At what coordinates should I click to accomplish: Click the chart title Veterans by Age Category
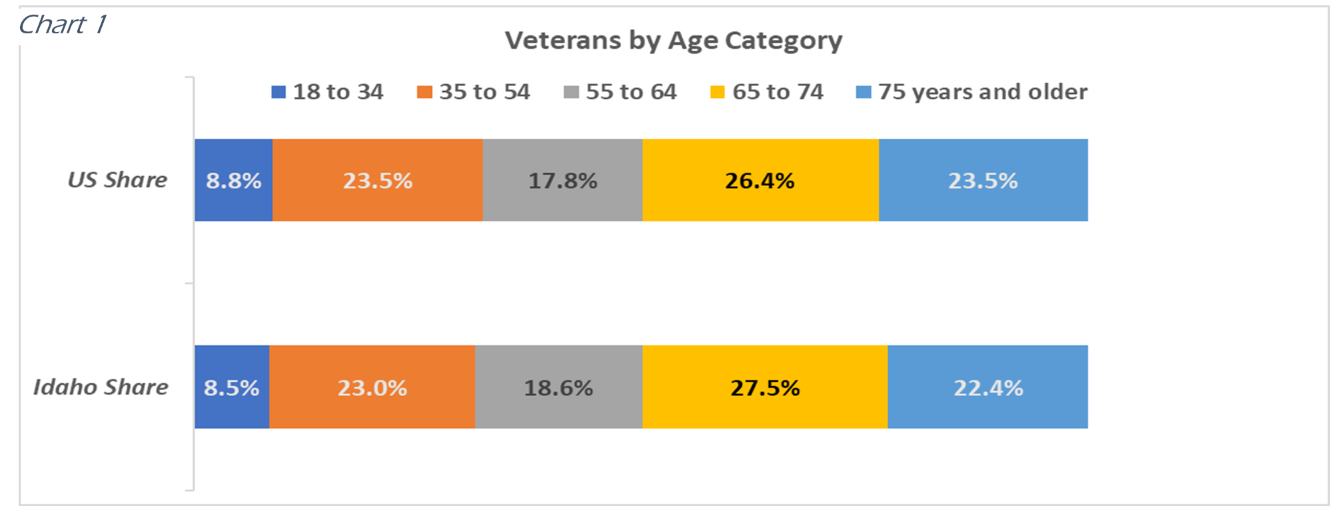pyautogui.click(x=673, y=41)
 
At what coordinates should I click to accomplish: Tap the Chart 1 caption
pyautogui.click(x=62, y=25)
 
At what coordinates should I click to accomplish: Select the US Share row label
pyautogui.click(x=117, y=180)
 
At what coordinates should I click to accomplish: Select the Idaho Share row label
pyautogui.click(x=101, y=387)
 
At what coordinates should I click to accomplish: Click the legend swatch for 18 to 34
pyautogui.click(x=279, y=92)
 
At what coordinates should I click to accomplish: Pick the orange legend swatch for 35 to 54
pyautogui.click(x=424, y=92)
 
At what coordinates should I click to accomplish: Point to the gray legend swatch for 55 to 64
pyautogui.click(x=571, y=92)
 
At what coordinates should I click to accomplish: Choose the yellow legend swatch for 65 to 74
pyautogui.click(x=718, y=92)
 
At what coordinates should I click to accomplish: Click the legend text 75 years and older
pyautogui.click(x=982, y=92)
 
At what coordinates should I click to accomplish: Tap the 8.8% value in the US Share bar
pyautogui.click(x=233, y=181)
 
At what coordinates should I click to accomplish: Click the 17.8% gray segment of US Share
pyautogui.click(x=562, y=181)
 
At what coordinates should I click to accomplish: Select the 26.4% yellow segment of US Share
pyautogui.click(x=760, y=181)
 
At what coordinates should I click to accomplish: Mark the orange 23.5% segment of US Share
pyautogui.click(x=377, y=181)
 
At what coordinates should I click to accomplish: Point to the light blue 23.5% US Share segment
pyautogui.click(x=983, y=181)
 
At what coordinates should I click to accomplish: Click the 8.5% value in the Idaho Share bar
pyautogui.click(x=231, y=388)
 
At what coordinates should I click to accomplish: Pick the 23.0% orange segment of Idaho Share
pyautogui.click(x=372, y=388)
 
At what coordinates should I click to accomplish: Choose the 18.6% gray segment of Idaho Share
pyautogui.click(x=558, y=388)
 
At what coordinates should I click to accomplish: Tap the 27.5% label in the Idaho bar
pyautogui.click(x=765, y=388)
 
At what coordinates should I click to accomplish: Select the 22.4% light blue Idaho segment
pyautogui.click(x=988, y=388)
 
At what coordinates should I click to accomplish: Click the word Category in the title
pyautogui.click(x=783, y=41)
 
